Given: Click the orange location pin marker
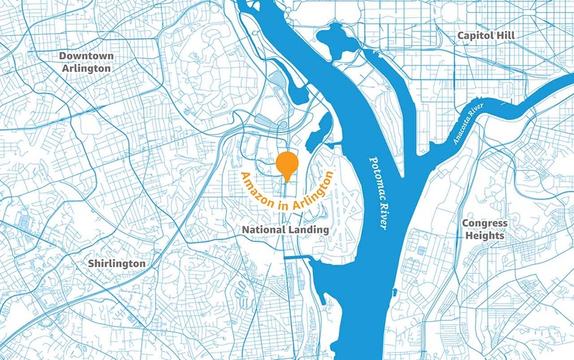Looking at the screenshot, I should pos(287,164).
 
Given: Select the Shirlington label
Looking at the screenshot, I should pos(116,263).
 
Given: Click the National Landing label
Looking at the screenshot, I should pos(285,229).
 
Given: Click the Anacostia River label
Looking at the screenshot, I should pos(470,123).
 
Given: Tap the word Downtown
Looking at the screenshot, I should pos(85,55).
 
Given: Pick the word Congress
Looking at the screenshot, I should pos(484,224).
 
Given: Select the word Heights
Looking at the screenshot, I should pos(484,236).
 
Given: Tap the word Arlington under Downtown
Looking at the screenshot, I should pos(85,69).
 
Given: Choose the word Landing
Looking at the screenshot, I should pos(309,229).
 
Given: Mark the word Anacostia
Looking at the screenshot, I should pos(464,127).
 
